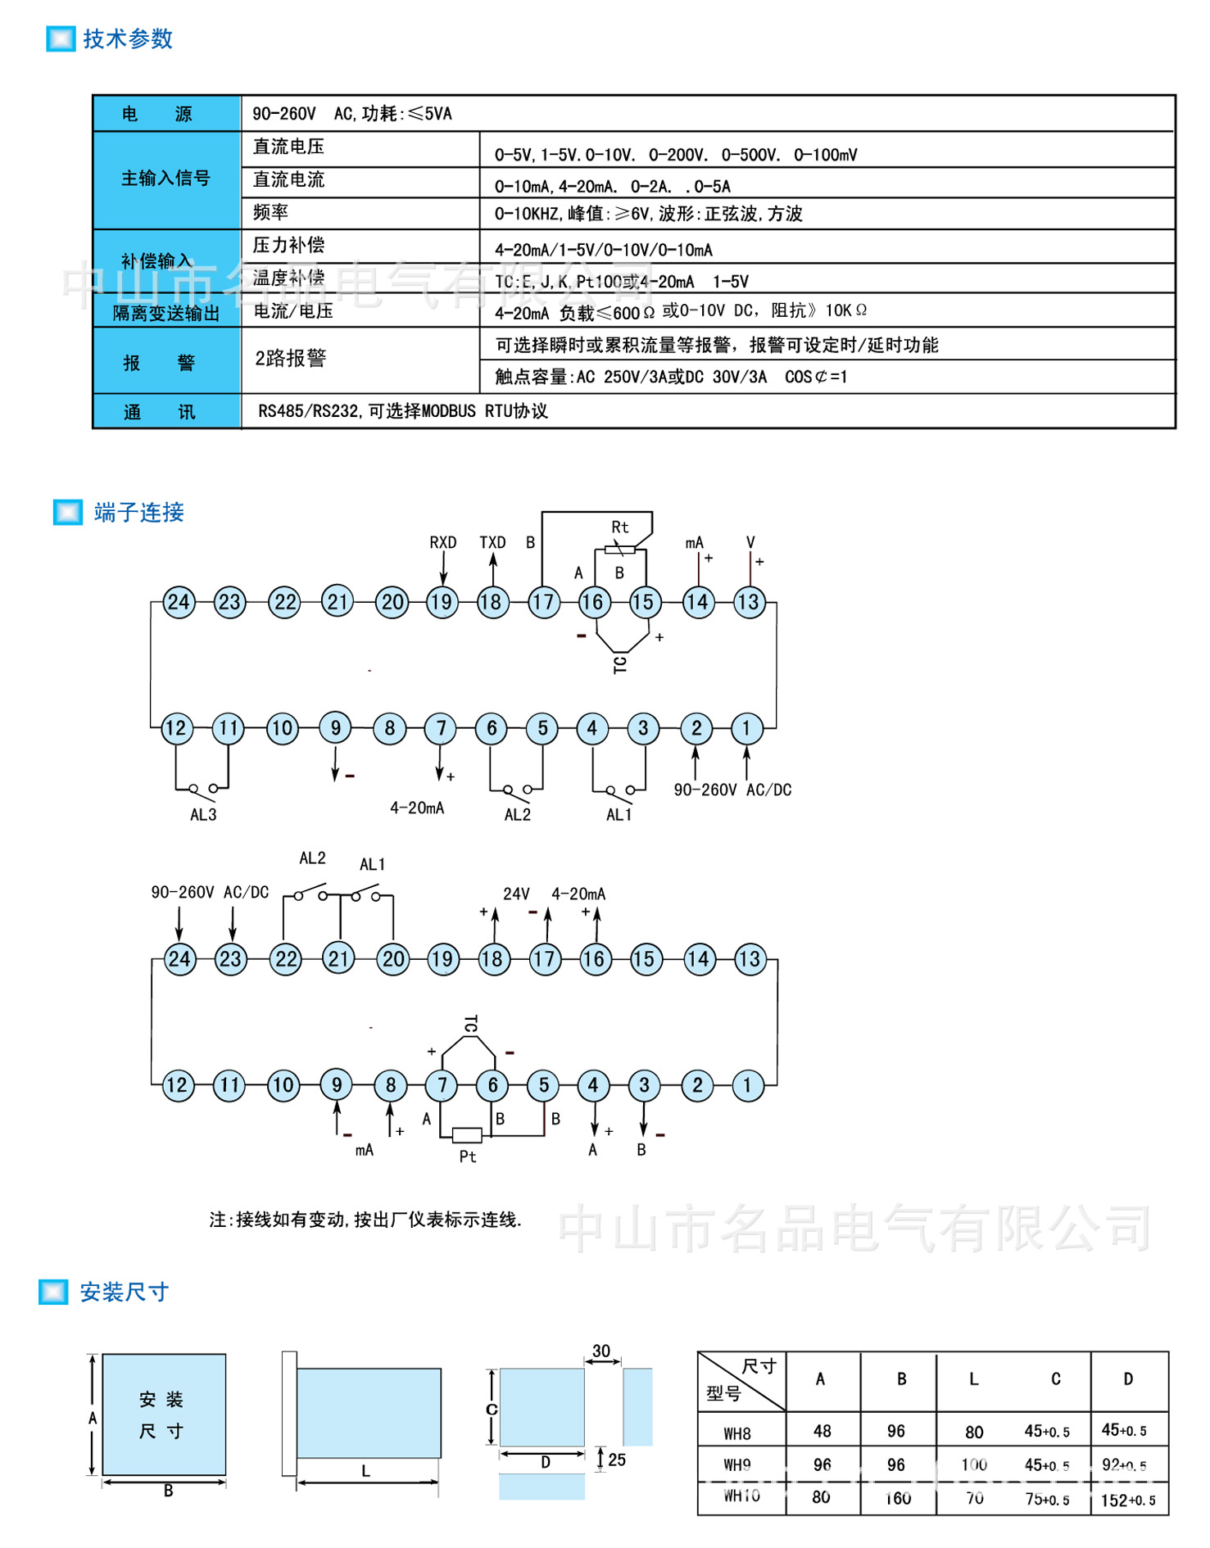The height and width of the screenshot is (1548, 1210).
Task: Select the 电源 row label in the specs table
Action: pos(156,114)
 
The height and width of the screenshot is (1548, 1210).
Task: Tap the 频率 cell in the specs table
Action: pos(270,213)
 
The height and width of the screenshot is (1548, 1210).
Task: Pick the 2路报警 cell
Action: pos(291,358)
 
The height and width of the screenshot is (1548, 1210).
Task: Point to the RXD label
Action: pos(442,542)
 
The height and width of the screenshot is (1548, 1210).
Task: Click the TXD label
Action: pos(492,542)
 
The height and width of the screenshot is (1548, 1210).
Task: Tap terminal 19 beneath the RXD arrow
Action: pos(442,602)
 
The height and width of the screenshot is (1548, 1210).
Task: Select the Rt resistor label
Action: pos(620,527)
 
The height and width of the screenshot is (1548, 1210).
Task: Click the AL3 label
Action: pos(203,815)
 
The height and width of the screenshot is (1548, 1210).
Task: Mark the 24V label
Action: pos(516,894)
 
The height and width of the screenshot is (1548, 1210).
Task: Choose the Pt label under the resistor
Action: pos(468,1156)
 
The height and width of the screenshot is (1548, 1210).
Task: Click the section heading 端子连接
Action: pos(138,513)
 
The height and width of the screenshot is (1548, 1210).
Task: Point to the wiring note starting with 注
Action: pos(365,1220)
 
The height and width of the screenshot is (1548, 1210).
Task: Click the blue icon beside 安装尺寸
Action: pos(53,1292)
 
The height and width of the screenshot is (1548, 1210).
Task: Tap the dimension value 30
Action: pos(601,1351)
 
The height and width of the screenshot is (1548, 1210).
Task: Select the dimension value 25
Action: pos(617,1460)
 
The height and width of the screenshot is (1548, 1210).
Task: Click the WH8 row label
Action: pos(737,1433)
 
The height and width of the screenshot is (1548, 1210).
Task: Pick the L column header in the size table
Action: pos(974,1379)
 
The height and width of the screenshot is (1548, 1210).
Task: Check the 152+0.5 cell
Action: pos(1128,1500)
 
